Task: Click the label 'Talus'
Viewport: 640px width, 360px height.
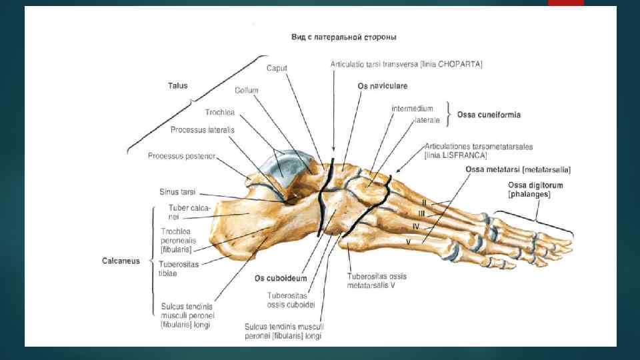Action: click(177, 85)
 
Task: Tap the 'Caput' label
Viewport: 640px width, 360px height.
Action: click(277, 68)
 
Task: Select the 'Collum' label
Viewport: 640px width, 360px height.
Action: click(246, 90)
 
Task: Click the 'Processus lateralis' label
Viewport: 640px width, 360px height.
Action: click(202, 129)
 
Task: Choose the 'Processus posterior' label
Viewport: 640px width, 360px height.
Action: click(182, 156)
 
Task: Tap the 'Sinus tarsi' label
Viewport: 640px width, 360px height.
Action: click(177, 191)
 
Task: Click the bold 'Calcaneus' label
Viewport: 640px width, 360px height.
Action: click(121, 261)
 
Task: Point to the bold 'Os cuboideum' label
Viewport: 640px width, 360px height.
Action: click(281, 279)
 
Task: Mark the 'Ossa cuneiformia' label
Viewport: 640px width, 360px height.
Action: click(489, 115)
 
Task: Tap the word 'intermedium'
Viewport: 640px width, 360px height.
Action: click(412, 108)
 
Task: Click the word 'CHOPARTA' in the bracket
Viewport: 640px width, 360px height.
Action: click(460, 64)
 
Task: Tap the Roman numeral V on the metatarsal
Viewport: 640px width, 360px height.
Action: click(408, 242)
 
